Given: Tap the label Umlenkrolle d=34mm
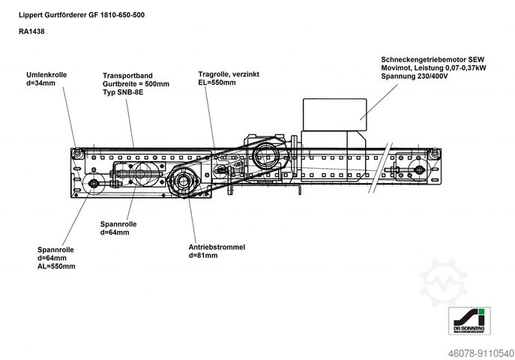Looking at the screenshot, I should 46,79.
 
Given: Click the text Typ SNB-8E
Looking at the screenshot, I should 123,93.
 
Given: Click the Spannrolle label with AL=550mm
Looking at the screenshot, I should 56,258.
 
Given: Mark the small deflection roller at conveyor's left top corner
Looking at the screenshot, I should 77,153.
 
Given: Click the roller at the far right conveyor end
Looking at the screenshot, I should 433,154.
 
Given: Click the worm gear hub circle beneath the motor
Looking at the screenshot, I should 266,157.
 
